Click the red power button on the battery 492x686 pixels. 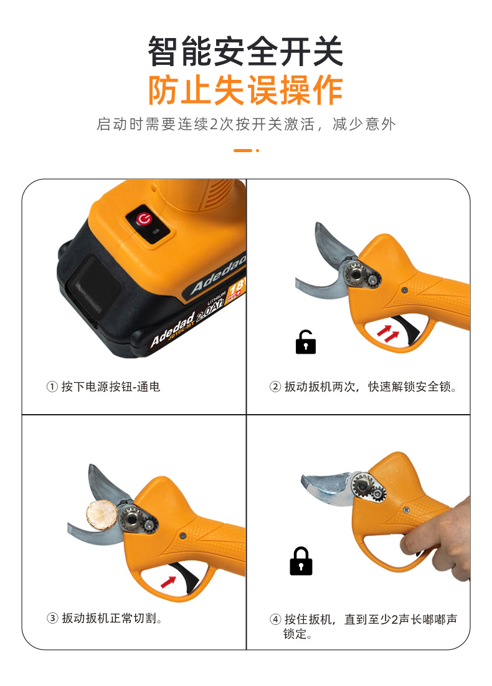(144, 219)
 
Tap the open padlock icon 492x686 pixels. (305, 342)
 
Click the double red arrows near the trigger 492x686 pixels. (387, 332)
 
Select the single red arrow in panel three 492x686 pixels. (168, 582)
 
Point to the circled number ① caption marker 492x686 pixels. (52, 387)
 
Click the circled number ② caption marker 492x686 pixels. (275, 387)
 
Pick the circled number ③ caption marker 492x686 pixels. (52, 619)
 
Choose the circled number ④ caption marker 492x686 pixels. (275, 620)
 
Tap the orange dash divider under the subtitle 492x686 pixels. (246, 150)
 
